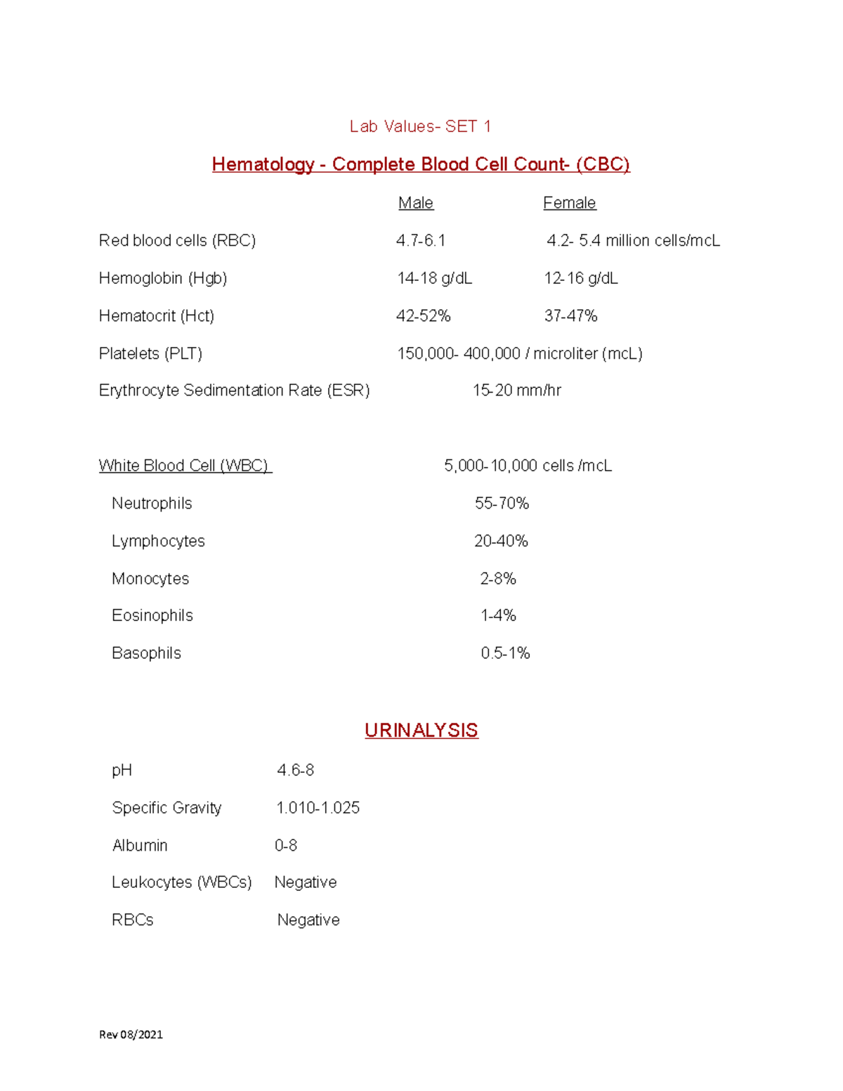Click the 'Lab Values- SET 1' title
(x=420, y=126)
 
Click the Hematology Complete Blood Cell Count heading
(x=421, y=164)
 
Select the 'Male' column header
(x=416, y=203)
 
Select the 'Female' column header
(x=569, y=203)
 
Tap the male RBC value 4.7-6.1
(x=421, y=241)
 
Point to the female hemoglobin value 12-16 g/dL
(x=581, y=278)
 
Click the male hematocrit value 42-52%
(x=423, y=316)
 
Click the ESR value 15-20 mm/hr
(x=517, y=391)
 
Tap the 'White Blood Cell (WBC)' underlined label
(x=184, y=466)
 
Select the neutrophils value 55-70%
(x=502, y=504)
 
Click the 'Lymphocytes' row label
(x=158, y=541)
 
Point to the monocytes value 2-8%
(x=498, y=579)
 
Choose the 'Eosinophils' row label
(x=152, y=615)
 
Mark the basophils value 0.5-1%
(x=505, y=653)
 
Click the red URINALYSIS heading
(x=421, y=731)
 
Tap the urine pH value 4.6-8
(x=295, y=771)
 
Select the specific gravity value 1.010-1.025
(x=318, y=808)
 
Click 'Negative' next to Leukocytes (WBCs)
(x=306, y=882)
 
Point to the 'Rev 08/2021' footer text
(x=131, y=1034)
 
